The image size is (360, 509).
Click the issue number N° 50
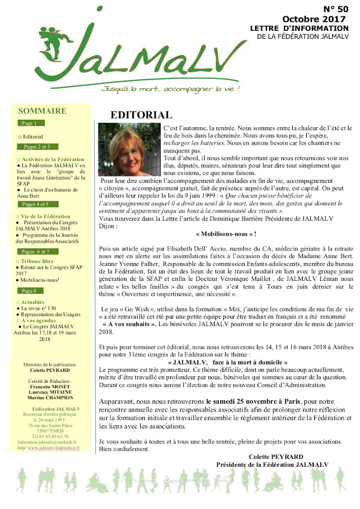pyautogui.click(x=336, y=9)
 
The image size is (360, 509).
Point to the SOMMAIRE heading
pyautogui.click(x=42, y=111)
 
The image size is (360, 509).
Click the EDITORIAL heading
pyautogui.click(x=141, y=115)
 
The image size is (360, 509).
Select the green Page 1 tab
pyautogui.click(x=32, y=123)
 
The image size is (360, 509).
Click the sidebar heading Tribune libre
pyautogui.click(x=37, y=261)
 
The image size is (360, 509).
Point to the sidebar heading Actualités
pyautogui.click(x=33, y=302)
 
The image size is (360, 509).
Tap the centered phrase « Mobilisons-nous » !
pyautogui.click(x=226, y=234)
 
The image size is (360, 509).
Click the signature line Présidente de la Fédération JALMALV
pyautogui.click(x=272, y=464)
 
